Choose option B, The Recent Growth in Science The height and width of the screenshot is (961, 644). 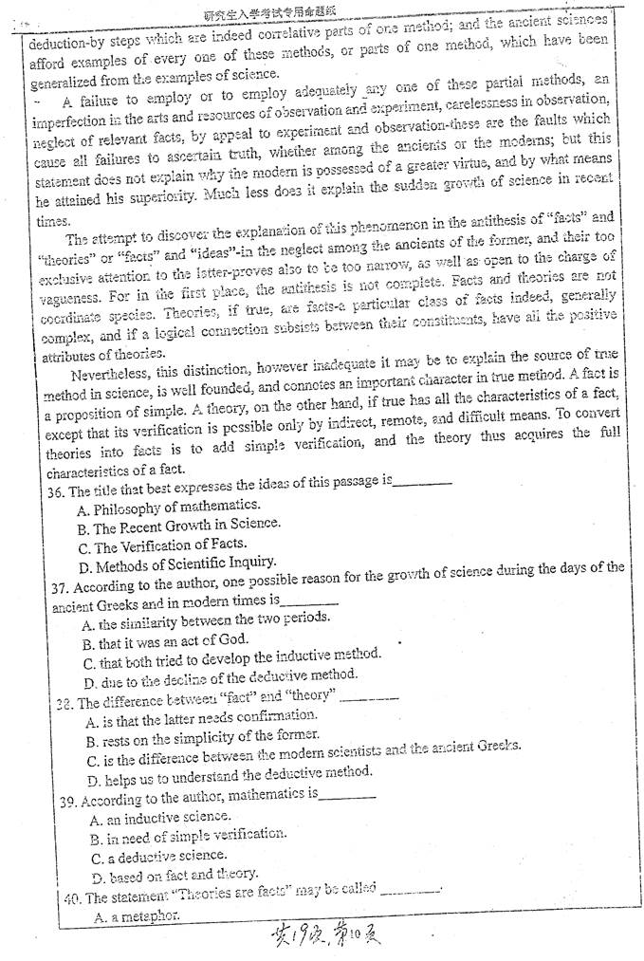[x=178, y=525]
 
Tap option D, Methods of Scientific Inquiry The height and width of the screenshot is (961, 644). [x=176, y=567]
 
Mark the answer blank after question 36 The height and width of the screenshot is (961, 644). [x=421, y=483]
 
